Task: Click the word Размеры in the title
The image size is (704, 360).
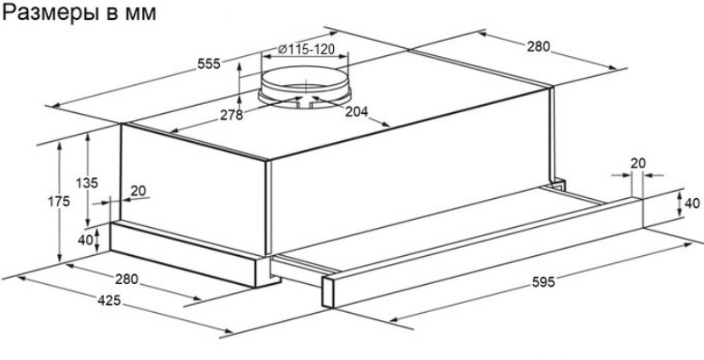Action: (48, 13)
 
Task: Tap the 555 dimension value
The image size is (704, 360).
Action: (209, 64)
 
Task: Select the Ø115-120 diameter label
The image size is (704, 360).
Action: (306, 49)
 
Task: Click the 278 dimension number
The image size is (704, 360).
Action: (232, 116)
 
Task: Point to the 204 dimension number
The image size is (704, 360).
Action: (357, 111)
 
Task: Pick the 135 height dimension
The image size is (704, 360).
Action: (87, 183)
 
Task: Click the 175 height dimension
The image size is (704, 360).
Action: (59, 202)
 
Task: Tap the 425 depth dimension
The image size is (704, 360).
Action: (109, 300)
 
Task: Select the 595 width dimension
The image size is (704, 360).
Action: (543, 282)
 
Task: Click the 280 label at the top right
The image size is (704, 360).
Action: (538, 47)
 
